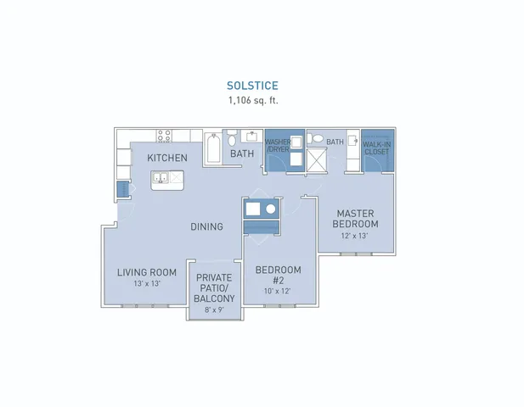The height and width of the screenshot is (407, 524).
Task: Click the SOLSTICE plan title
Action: point(252,86)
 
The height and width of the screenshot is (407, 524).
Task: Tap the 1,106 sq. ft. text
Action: point(253,100)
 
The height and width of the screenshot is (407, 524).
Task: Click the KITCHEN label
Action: point(167,158)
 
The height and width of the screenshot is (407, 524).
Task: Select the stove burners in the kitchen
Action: point(164,136)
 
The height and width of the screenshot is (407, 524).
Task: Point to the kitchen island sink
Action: point(161,177)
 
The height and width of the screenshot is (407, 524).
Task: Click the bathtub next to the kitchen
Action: point(213,148)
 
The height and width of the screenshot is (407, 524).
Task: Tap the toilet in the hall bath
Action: point(232,138)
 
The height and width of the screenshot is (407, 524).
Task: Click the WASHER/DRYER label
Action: point(277,146)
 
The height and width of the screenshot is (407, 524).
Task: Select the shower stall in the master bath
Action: point(317,160)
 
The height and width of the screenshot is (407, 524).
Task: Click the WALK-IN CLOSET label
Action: point(376,148)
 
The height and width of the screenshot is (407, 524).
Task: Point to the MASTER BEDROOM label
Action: point(355,219)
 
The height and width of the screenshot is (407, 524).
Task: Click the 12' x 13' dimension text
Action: point(354,236)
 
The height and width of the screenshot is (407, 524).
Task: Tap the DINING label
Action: point(206,227)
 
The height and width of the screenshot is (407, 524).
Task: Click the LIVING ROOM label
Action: point(147,272)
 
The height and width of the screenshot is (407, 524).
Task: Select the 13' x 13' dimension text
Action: point(147,283)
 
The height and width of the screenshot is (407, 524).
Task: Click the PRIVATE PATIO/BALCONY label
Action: point(214,288)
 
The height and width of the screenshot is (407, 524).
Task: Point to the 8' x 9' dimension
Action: point(214,310)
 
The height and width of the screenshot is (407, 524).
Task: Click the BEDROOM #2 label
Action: point(278,275)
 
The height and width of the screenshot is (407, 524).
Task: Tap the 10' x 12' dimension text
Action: point(277,291)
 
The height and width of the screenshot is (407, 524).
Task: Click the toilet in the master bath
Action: point(315,138)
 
